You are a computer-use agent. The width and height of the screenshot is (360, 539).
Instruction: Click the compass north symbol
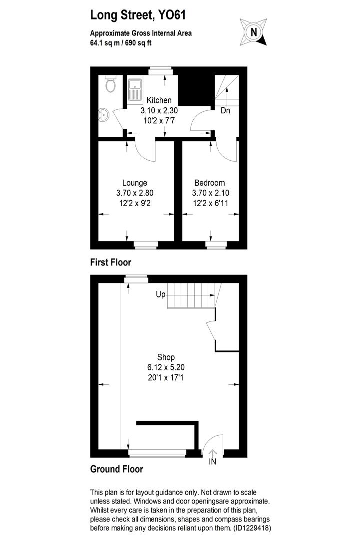[x=254, y=32]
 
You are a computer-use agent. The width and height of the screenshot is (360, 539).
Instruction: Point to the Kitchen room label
[x=159, y=100]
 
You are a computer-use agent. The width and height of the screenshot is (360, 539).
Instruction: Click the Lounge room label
[x=134, y=183]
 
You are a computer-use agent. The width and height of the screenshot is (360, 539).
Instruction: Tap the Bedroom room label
[x=209, y=183]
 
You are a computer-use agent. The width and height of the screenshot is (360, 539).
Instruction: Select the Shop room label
[x=166, y=357]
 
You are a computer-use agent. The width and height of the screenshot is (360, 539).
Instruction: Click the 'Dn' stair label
[x=226, y=111]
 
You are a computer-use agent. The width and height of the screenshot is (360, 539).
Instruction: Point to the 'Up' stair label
[x=160, y=294]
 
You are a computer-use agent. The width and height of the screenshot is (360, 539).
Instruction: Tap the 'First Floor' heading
[x=110, y=262]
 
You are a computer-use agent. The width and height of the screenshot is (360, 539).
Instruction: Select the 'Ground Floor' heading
[x=116, y=469]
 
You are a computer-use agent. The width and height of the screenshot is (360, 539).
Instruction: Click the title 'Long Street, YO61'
[x=138, y=15]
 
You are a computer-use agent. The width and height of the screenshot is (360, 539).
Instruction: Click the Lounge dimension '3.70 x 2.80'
[x=134, y=193]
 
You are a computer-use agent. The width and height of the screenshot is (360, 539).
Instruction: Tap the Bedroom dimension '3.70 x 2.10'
[x=209, y=193]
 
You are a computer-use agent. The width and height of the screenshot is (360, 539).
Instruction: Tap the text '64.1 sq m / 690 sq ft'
[x=121, y=43]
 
